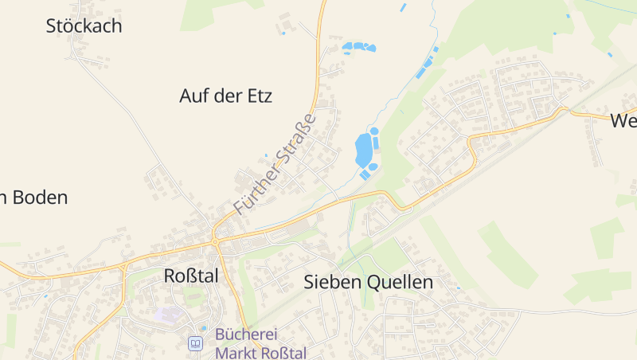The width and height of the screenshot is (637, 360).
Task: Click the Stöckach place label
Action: pyautogui.click(x=84, y=25)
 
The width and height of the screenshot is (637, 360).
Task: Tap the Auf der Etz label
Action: pyautogui.click(x=225, y=96)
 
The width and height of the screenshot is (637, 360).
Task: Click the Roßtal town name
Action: pyautogui.click(x=190, y=276)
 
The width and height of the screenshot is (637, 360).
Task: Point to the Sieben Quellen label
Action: pyautogui.click(x=368, y=282)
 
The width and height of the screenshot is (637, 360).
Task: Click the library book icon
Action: pyautogui.click(x=195, y=343)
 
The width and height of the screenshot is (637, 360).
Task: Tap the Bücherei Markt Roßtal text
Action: pyautogui.click(x=260, y=343)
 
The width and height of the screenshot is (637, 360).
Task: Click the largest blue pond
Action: pyautogui.click(x=363, y=149)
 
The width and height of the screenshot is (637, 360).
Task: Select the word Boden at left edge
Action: pyautogui.click(x=40, y=198)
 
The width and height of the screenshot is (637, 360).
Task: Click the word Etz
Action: pyautogui.click(x=259, y=96)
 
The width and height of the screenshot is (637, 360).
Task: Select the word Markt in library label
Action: pyautogui.click(x=237, y=352)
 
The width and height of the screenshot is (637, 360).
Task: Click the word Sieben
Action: pyautogui.click(x=333, y=282)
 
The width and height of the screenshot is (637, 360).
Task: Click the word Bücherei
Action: pyautogui.click(x=247, y=335)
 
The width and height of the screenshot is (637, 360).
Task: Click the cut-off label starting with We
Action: pyautogui.click(x=623, y=121)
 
